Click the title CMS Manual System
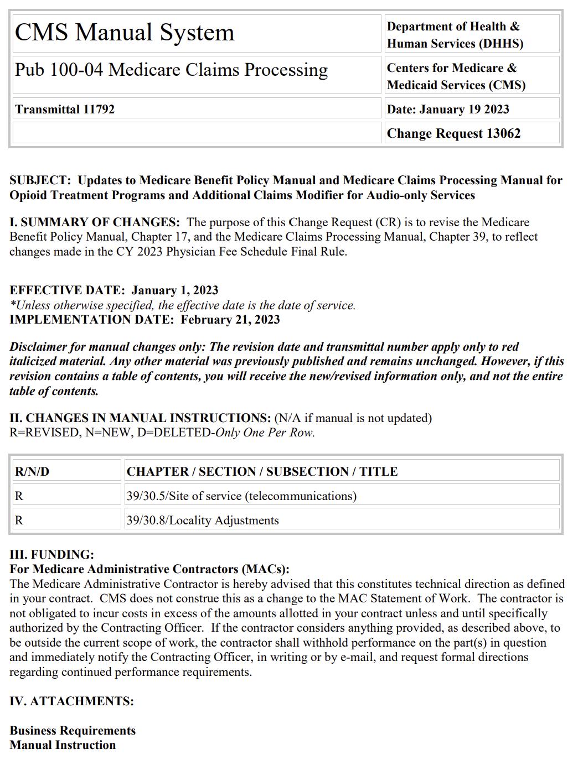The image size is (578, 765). tap(125, 33)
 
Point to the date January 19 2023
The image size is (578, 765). tap(464, 109)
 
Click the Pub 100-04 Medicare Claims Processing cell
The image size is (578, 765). tap(171, 70)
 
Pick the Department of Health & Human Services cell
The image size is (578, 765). tap(455, 35)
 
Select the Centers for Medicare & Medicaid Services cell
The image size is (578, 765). tap(456, 76)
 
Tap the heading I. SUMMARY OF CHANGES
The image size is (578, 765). tap(95, 222)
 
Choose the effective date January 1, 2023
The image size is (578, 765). tap(175, 290)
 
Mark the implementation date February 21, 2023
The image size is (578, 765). tap(230, 320)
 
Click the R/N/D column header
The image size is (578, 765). tap(32, 472)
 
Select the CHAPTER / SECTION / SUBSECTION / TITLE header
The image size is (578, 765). tap(262, 472)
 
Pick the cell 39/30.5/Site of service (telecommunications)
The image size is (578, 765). tap(241, 496)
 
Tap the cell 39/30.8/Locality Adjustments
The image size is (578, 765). tap(203, 521)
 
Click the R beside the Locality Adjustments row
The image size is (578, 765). tap(19, 521)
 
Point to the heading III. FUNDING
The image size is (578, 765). tap(52, 555)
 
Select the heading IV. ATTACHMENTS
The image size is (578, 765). tap(71, 701)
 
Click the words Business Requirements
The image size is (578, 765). tap(73, 731)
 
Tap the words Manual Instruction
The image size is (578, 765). tap(63, 745)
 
